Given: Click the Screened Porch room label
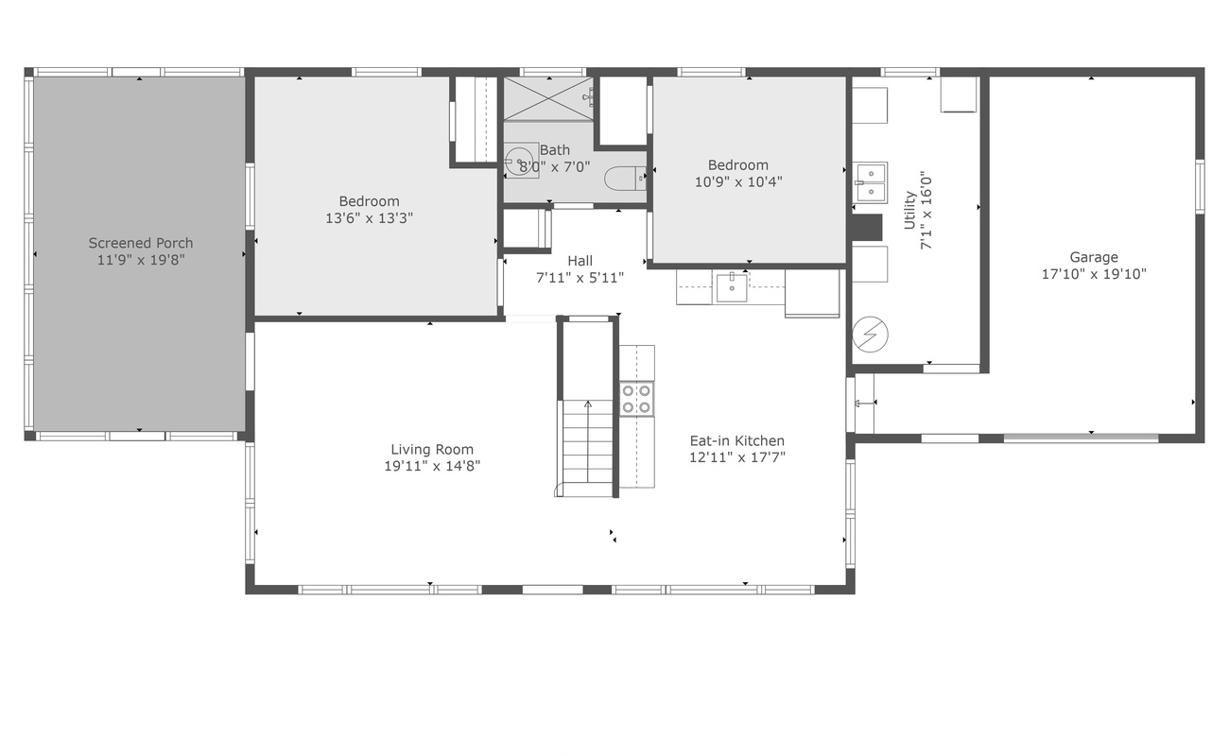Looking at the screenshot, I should point(141,243).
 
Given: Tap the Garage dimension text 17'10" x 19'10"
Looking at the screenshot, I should point(1094,274).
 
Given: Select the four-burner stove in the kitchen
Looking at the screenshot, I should point(636,399).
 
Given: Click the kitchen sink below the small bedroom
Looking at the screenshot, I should point(731,287).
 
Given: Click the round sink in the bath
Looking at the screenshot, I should point(518,160).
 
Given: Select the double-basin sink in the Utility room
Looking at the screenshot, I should point(871,182).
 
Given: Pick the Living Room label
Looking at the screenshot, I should point(432,450).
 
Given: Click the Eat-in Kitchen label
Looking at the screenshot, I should point(736,440).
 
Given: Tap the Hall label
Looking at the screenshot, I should point(580,261).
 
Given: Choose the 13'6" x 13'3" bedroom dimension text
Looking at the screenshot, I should point(369,217).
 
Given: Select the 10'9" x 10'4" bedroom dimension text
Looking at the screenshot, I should point(738,181).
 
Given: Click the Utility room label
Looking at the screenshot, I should point(909,210).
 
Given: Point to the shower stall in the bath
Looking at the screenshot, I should point(547,98).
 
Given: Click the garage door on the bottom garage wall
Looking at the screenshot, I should point(1081,438).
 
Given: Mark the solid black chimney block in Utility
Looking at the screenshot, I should point(866,228).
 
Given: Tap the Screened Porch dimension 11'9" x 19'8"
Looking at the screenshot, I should point(141,260).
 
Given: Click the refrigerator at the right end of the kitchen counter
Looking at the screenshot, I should point(812,292).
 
